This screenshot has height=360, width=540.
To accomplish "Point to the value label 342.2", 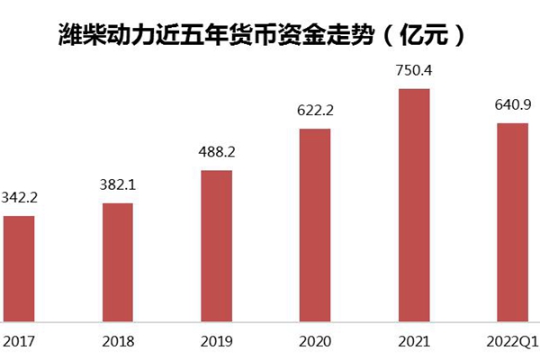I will pyautogui.click(x=19, y=196).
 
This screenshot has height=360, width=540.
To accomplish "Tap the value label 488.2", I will pyautogui.click(x=216, y=152).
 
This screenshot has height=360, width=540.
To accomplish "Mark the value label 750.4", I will pyautogui.click(x=414, y=70).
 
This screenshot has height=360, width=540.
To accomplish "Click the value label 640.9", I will pyautogui.click(x=512, y=105).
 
